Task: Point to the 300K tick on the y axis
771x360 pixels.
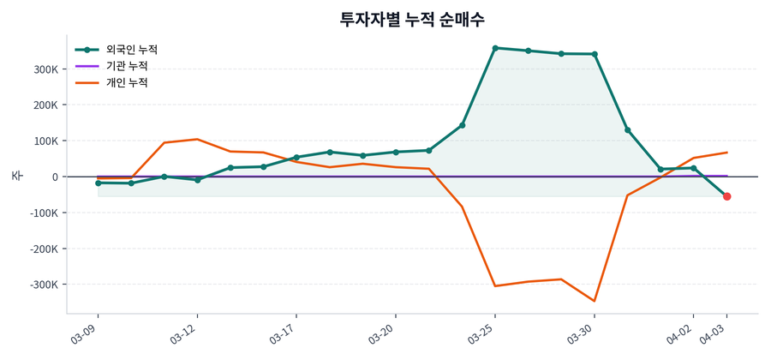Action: [44, 69]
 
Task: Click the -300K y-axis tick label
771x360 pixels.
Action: [42, 285]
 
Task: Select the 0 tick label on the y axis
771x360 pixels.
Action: [54, 177]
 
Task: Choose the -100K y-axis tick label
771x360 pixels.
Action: [42, 213]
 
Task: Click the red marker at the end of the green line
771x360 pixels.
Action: [727, 196]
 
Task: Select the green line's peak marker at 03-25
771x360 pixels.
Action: [495, 48]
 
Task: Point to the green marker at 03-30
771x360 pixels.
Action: [595, 54]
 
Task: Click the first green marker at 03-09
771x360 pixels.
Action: [99, 183]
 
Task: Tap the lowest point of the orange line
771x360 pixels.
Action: [595, 301]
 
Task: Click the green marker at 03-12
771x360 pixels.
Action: [197, 180]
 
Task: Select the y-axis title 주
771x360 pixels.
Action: [16, 176]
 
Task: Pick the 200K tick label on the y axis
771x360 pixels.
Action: [44, 105]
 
